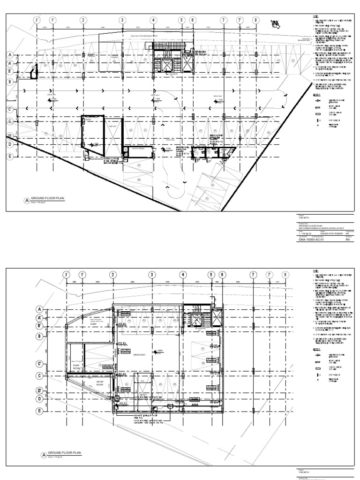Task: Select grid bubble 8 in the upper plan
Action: pyautogui.click(x=255, y=20)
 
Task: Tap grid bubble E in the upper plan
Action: pyautogui.click(x=9, y=157)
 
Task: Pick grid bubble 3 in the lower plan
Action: pyautogui.click(x=152, y=275)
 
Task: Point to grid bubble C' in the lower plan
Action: pyautogui.click(x=40, y=364)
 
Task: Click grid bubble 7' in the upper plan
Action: pyautogui.click(x=240, y=20)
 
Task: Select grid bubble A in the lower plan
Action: pyautogui.click(x=40, y=309)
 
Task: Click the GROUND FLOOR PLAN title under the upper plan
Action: pyautogui.click(x=47, y=199)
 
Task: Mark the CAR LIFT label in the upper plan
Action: pyautogui.click(x=112, y=127)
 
